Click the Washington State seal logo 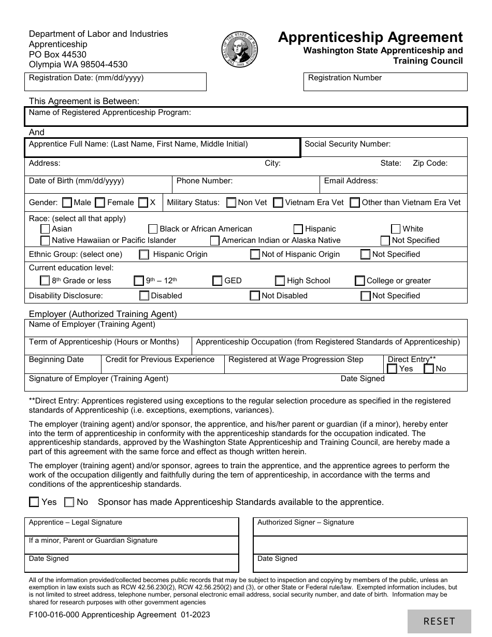coord(240,50)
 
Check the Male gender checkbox coord(67,202)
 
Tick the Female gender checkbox coord(100,202)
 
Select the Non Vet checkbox coord(231,202)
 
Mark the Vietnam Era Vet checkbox coord(278,202)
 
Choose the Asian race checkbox coord(45,229)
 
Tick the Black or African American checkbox coord(153,229)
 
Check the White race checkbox coord(396,229)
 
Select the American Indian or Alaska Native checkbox coord(215,240)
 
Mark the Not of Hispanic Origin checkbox coord(255,254)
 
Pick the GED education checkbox coord(218,281)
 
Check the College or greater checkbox coord(360,281)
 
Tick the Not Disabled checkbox coord(255,296)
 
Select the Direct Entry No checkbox coord(429,369)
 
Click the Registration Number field coord(385,84)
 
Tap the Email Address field coord(393,187)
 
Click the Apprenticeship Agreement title coord(370,37)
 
